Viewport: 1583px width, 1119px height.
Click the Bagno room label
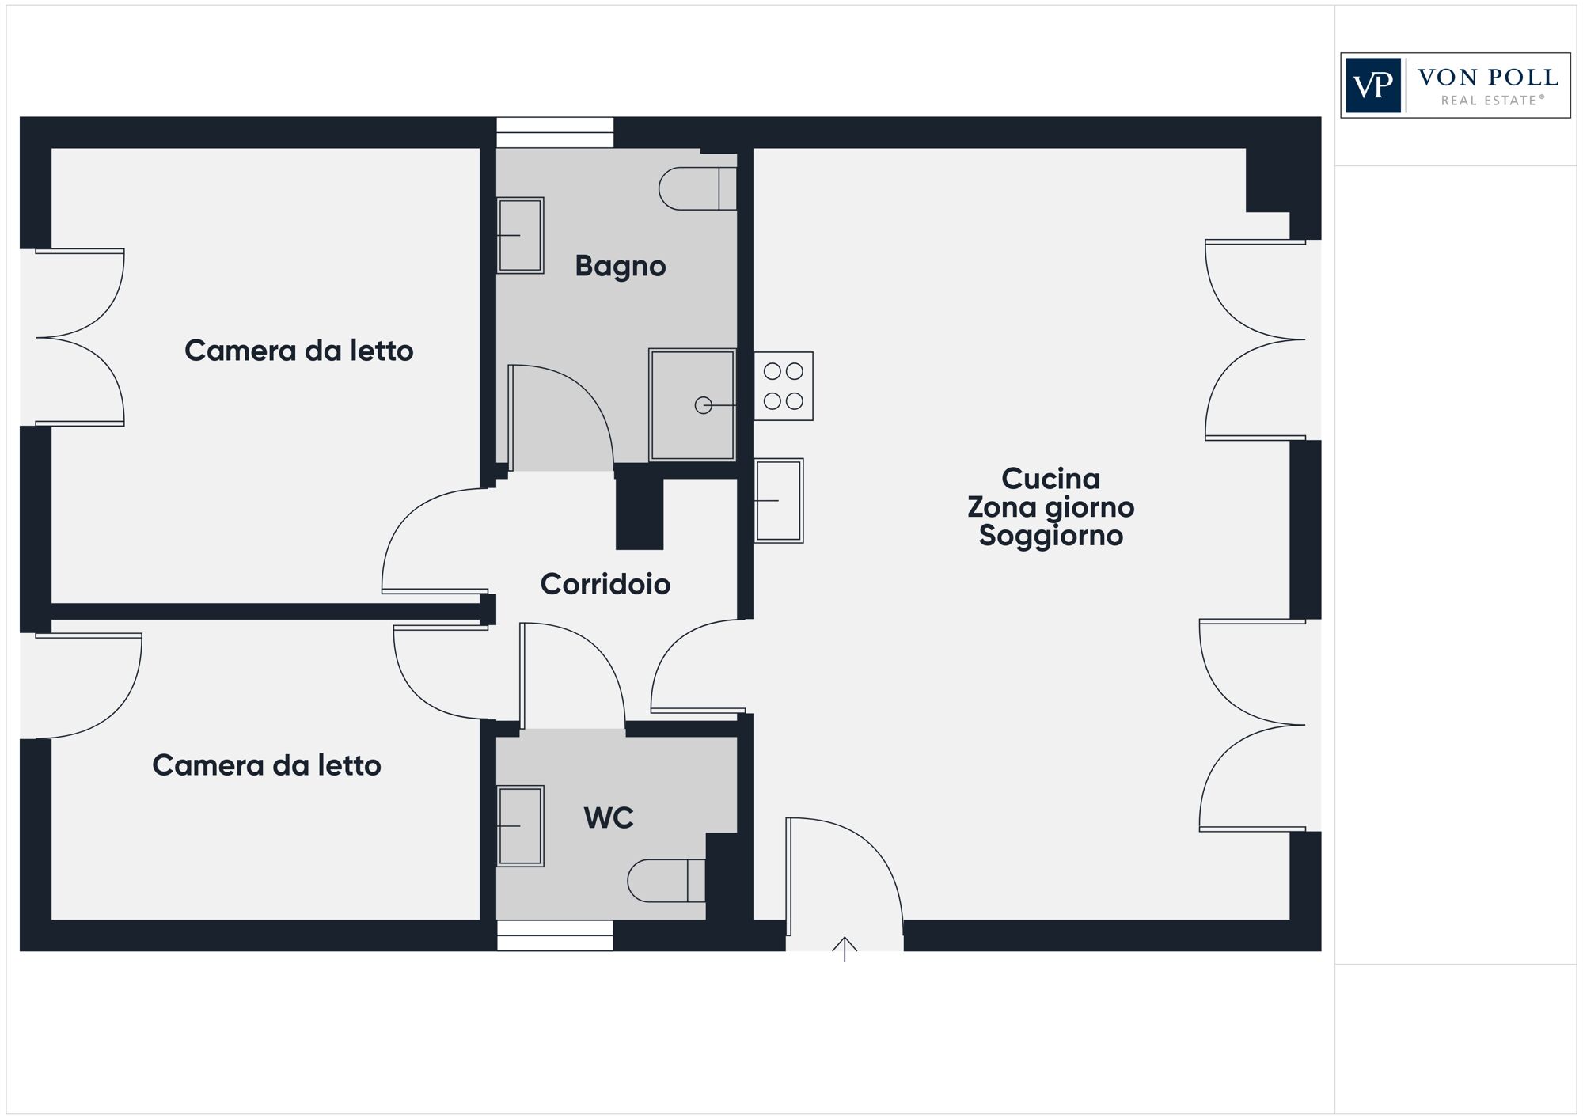click(620, 267)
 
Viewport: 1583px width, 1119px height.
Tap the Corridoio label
click(605, 584)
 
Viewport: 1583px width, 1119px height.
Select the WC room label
click(608, 817)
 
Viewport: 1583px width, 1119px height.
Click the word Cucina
click(1050, 479)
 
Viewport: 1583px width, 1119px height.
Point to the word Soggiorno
click(1050, 536)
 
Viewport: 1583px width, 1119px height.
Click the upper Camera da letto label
click(298, 351)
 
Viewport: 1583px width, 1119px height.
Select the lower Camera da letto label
click(266, 765)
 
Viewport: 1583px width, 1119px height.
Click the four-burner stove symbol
click(783, 386)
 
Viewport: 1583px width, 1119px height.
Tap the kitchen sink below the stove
click(778, 500)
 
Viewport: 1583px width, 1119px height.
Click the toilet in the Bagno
click(697, 188)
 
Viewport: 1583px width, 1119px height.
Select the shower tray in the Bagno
click(692, 404)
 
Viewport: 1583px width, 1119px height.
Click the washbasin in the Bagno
click(520, 235)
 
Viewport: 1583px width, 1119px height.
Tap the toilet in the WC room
click(666, 880)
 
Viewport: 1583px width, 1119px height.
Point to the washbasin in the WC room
click(520, 825)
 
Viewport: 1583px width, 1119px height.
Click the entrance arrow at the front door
click(845, 948)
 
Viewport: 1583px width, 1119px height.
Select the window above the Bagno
click(554, 132)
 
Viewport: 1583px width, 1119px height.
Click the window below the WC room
click(554, 935)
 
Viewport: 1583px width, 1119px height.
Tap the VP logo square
click(1373, 85)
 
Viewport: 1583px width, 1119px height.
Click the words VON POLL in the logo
click(1487, 78)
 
